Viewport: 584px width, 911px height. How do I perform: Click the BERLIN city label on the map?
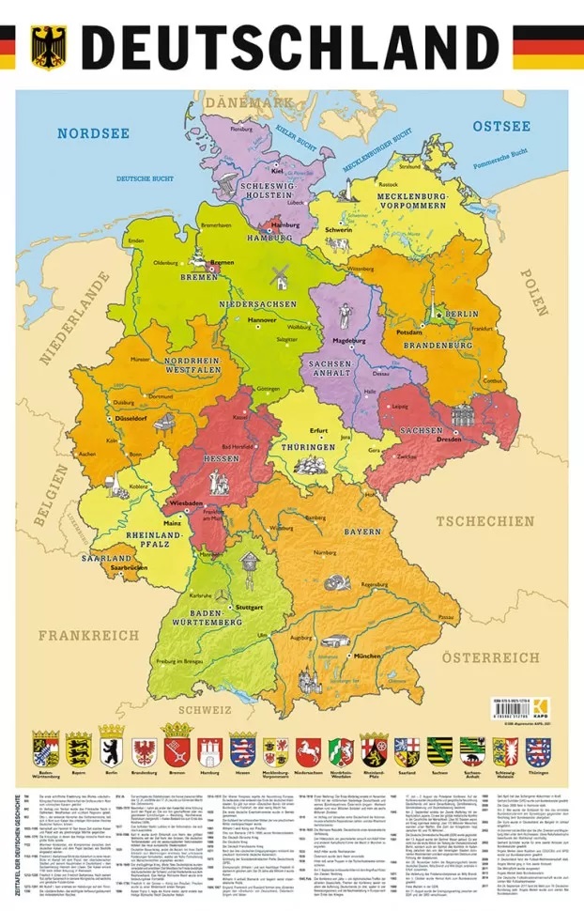(x=462, y=313)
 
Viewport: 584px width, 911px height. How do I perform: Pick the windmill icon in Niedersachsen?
(x=277, y=276)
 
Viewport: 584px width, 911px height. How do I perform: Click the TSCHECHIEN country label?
(x=483, y=521)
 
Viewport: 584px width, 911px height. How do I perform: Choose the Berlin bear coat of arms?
(x=112, y=750)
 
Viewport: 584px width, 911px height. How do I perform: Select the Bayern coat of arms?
(x=79, y=750)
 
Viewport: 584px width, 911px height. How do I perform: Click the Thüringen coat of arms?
(x=538, y=750)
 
